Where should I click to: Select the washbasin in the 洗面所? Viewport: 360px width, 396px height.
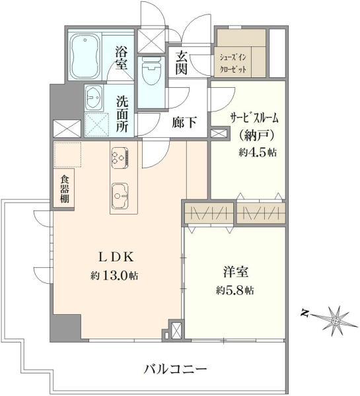click(x=93, y=99)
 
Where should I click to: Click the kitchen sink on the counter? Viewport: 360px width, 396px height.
click(x=121, y=195)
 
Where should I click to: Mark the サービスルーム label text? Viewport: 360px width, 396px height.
click(x=254, y=119)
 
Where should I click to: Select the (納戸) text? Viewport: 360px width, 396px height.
click(x=254, y=136)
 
